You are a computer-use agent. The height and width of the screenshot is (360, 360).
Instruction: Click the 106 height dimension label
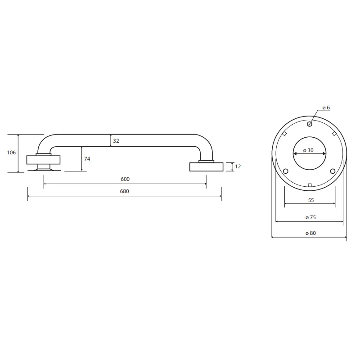click(12, 153)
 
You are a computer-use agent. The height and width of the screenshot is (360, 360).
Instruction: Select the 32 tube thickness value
click(116, 141)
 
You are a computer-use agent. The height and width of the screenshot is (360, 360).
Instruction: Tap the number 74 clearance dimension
click(87, 159)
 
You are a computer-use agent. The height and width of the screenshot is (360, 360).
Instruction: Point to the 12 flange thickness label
click(238, 166)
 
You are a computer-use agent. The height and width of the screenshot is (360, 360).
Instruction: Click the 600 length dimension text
click(125, 179)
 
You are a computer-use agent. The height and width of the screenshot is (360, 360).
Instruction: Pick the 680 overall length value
click(125, 191)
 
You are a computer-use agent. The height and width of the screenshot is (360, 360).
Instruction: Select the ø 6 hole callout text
click(326, 108)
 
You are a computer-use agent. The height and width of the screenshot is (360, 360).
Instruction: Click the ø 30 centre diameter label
click(308, 150)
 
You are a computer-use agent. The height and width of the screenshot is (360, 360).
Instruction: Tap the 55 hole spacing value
click(311, 200)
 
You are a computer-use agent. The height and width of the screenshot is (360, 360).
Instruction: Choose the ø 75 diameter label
click(311, 217)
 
